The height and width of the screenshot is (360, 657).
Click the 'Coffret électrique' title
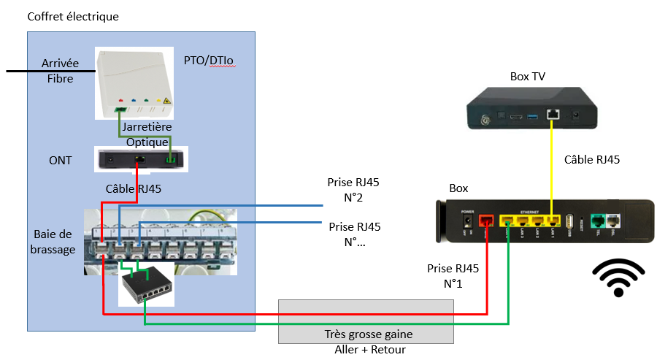[72, 17]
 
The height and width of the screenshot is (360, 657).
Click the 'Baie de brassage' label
[54, 242]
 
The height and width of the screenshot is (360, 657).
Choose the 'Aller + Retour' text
[365, 349]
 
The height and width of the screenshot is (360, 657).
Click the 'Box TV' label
[527, 76]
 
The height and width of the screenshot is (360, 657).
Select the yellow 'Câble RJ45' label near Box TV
[591, 160]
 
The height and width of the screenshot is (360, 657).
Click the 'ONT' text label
[60, 160]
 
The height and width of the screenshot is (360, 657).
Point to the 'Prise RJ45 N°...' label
[354, 234]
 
